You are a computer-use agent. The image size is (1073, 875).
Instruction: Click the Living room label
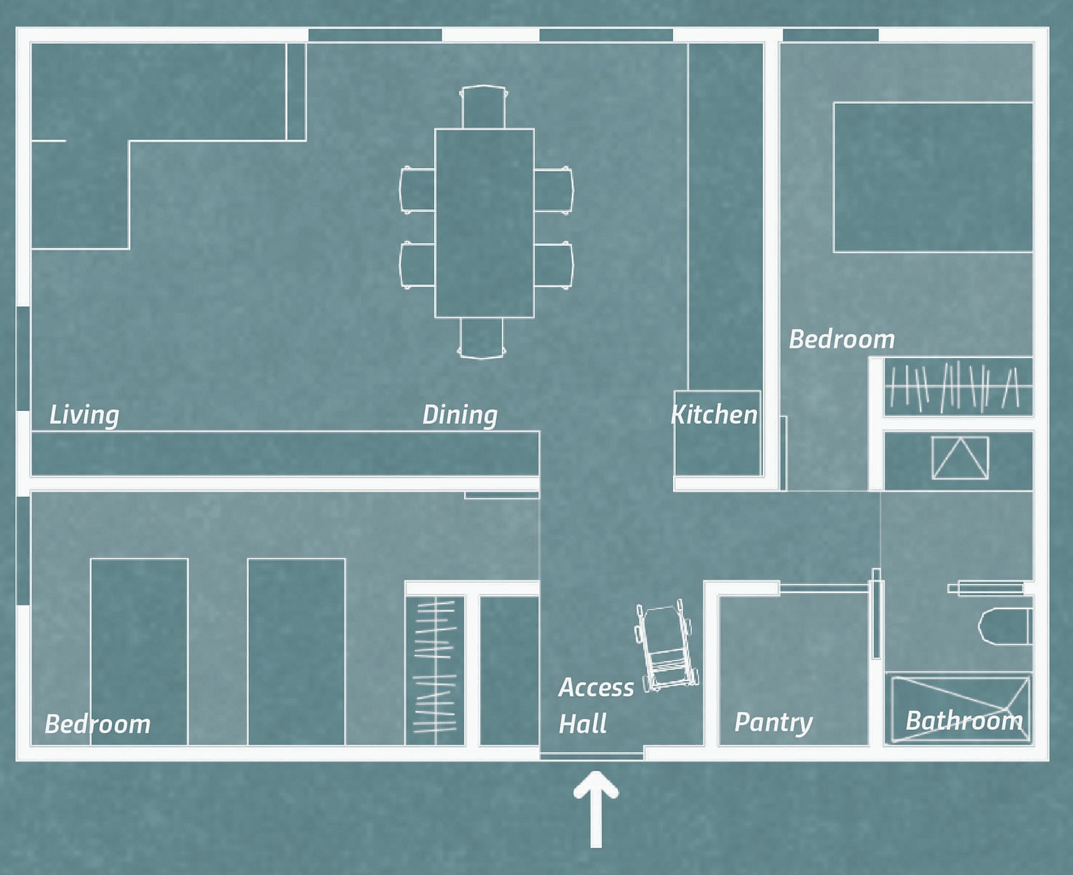click(x=85, y=415)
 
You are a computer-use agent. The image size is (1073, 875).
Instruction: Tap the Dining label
click(x=460, y=415)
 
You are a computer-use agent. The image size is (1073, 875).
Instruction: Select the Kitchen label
click(x=714, y=415)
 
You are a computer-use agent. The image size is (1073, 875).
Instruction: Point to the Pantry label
click(x=773, y=723)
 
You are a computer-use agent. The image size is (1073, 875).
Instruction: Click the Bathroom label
click(x=964, y=720)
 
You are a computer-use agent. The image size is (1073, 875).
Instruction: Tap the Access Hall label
click(x=595, y=705)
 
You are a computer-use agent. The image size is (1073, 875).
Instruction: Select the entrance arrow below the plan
click(x=595, y=809)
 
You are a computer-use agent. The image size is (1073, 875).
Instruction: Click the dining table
click(x=484, y=223)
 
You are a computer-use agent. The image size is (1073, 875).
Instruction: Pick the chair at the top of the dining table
click(x=484, y=106)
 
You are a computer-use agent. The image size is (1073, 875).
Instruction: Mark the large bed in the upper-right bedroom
click(x=933, y=178)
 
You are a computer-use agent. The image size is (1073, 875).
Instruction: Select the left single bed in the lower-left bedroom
click(x=139, y=652)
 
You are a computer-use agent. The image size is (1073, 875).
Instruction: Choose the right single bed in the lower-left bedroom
click(x=296, y=652)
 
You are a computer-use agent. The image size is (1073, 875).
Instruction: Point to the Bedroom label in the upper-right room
click(x=842, y=339)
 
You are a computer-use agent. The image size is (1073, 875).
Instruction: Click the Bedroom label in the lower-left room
click(x=98, y=724)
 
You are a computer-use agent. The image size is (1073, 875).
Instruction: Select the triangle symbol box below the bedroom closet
click(x=960, y=457)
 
